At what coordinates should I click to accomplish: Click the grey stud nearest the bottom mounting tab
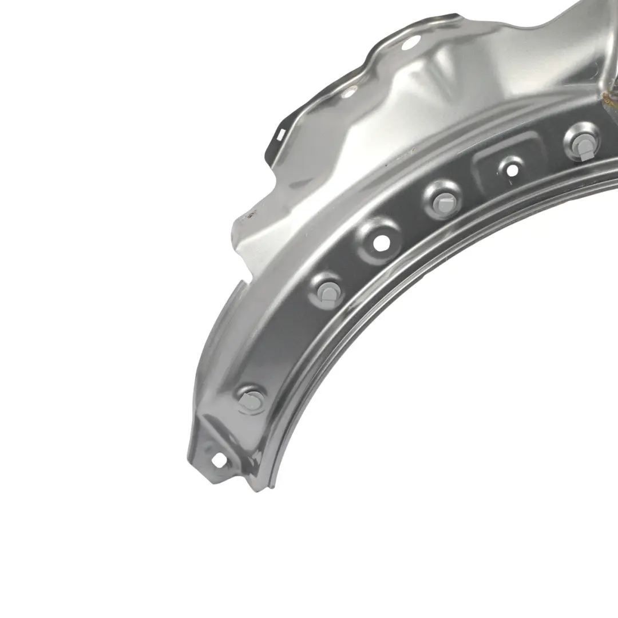point(250,399)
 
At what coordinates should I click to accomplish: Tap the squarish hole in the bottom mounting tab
point(218,459)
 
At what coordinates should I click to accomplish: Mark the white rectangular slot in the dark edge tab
point(280,136)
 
